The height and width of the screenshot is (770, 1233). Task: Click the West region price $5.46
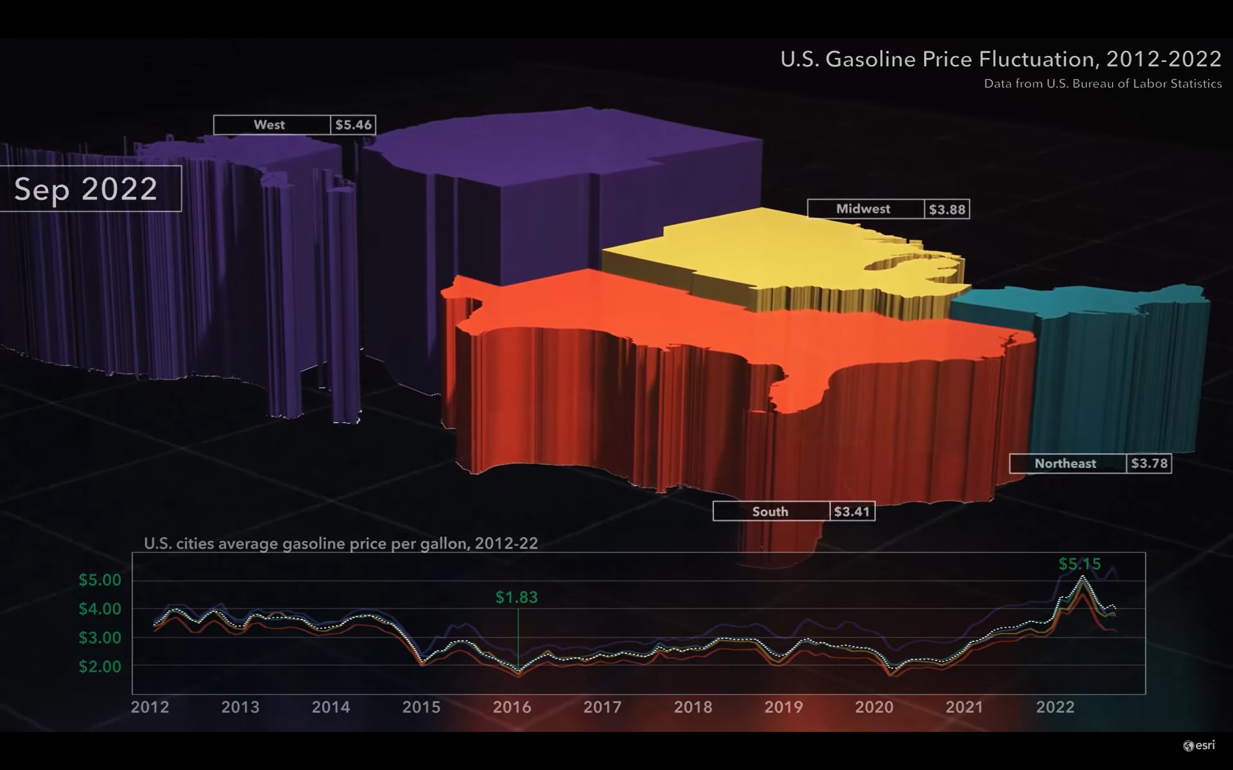[353, 125]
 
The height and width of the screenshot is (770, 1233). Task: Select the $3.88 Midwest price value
[947, 209]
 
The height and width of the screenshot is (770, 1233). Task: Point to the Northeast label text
[1065, 464]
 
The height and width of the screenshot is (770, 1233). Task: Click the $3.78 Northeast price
[1149, 464]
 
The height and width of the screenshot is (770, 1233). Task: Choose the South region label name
[770, 511]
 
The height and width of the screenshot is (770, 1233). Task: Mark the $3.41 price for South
[851, 511]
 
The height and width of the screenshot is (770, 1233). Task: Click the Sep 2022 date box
[86, 188]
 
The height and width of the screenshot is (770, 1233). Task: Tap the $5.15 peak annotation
[1079, 564]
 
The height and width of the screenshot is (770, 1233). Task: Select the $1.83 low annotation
[516, 597]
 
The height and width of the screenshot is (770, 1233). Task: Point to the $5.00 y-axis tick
[100, 580]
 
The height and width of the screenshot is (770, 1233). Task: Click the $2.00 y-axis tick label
[100, 666]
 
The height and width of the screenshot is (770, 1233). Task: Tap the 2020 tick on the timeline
[874, 707]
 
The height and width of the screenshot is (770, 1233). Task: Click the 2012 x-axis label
[150, 707]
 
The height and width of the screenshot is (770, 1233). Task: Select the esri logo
[1199, 746]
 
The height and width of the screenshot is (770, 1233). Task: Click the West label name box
[270, 125]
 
